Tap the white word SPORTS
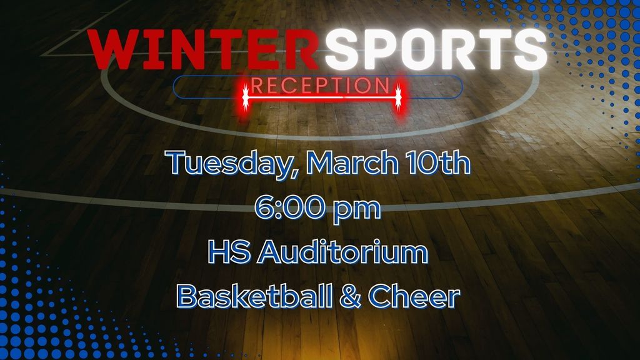click(x=435, y=49)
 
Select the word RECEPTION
click(x=321, y=85)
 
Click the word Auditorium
click(x=343, y=252)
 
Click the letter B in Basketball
click(x=186, y=296)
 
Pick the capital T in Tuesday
click(x=179, y=163)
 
